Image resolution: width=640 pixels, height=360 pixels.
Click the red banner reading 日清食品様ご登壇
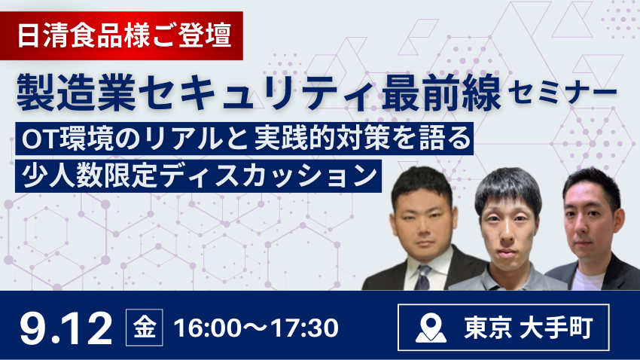pyautogui.click(x=121, y=36)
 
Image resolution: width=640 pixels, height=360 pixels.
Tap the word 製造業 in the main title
pyautogui.click(x=76, y=91)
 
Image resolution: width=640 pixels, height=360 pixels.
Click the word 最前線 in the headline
pyautogui.click(x=441, y=91)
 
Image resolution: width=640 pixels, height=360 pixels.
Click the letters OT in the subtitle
pyautogui.click(x=40, y=139)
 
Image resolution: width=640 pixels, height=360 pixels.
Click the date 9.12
pyautogui.click(x=66, y=328)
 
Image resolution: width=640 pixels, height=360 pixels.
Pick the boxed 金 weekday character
pyautogui.click(x=145, y=328)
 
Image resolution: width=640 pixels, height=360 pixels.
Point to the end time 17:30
pyautogui.click(x=304, y=328)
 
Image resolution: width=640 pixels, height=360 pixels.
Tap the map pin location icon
pyautogui.click(x=431, y=328)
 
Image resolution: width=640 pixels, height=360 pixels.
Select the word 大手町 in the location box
pyautogui.click(x=556, y=328)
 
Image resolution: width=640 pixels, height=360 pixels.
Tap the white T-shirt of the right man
pyautogui.click(x=588, y=279)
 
